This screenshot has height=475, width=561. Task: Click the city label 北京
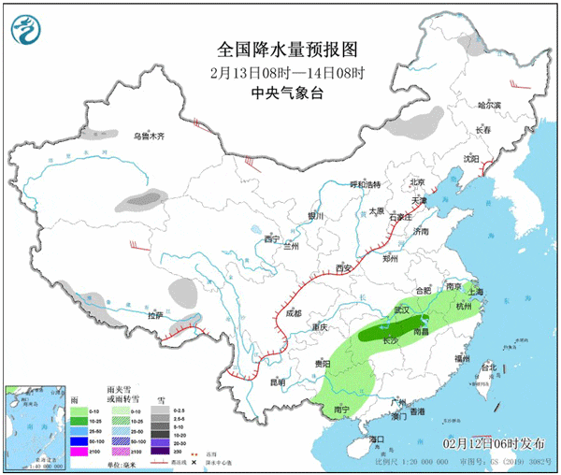click(417, 182)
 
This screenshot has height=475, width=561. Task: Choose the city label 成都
click(294, 313)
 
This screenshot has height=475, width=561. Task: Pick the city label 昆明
click(276, 381)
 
